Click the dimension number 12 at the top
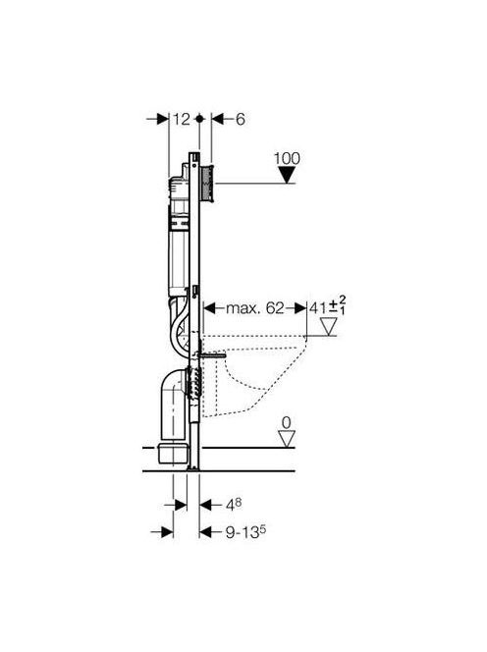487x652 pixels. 182,120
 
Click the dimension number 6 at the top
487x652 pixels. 241,120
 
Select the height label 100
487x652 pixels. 287,158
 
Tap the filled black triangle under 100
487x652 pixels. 287,175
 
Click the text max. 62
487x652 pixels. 255,308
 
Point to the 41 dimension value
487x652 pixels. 318,308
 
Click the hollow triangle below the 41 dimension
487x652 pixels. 329,327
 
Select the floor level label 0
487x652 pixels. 287,423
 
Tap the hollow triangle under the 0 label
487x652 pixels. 287,439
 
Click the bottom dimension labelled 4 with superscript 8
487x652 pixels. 234,505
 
